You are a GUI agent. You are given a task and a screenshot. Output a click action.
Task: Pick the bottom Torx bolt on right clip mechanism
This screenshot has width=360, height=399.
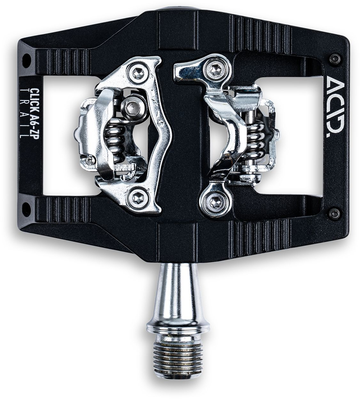pyautogui.click(x=213, y=201)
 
